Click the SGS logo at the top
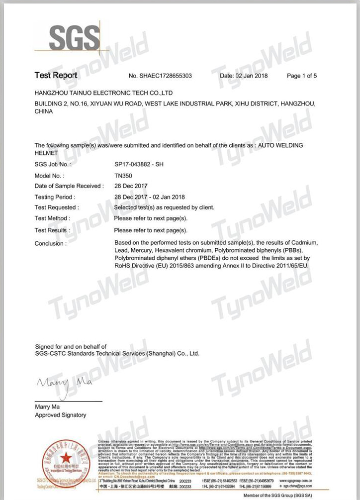click(x=74, y=37)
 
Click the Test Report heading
click(x=56, y=75)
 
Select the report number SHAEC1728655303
click(x=160, y=76)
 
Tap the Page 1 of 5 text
click(x=301, y=76)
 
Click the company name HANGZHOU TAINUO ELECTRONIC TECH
click(x=103, y=93)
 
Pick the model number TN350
click(x=123, y=176)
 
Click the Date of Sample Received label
click(x=69, y=186)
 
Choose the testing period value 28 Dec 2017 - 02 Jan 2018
click(x=149, y=197)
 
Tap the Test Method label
click(x=52, y=218)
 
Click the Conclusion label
click(x=50, y=243)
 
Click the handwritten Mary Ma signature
click(x=57, y=383)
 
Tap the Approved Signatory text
click(x=60, y=415)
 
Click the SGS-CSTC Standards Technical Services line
click(x=117, y=353)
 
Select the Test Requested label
click(x=55, y=207)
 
